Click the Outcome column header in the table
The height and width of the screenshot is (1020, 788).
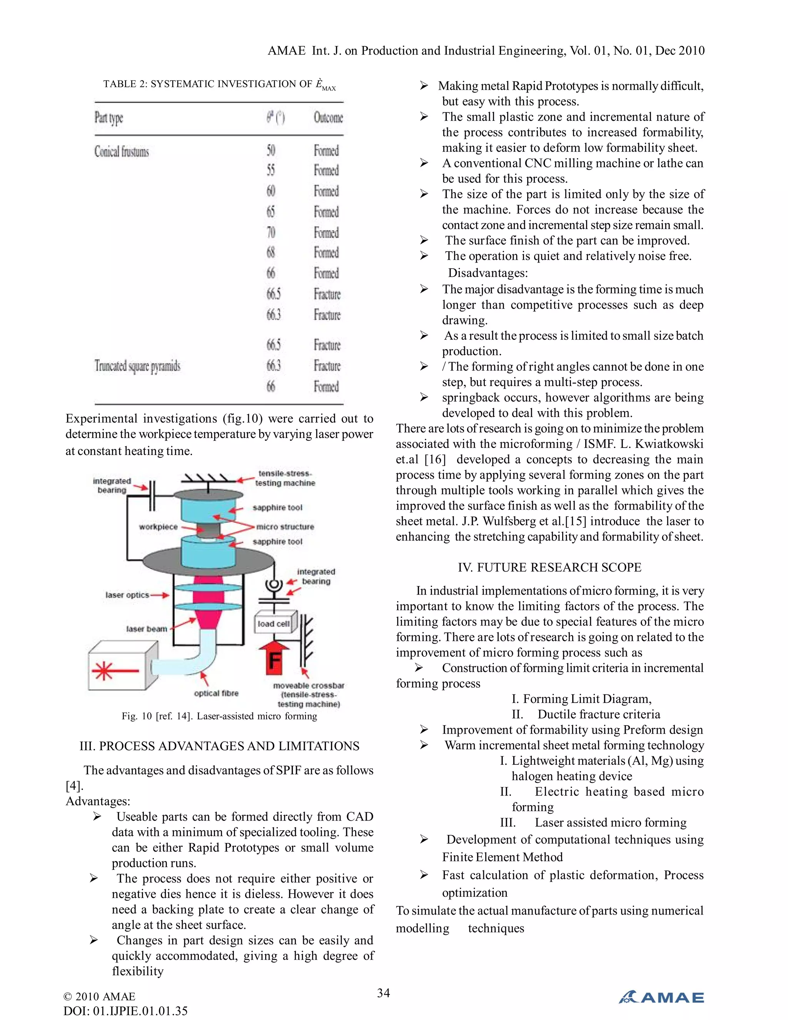coord(328,118)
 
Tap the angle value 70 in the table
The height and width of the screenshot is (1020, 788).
coord(271,232)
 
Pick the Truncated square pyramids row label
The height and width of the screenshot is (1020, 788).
coord(137,366)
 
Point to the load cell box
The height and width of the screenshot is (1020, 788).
coord(274,624)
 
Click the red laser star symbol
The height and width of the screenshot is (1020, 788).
coord(103,671)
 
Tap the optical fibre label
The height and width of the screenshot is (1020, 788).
coord(216,694)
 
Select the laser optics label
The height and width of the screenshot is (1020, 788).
coord(127,595)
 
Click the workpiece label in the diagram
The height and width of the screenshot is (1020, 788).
coord(158,527)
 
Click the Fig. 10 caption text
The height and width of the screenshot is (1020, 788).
coord(219,716)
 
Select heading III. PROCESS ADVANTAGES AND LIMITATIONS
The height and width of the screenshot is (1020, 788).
coord(219,746)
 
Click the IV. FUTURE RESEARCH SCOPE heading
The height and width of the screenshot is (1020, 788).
coord(549,567)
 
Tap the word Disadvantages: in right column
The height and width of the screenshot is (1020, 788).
coord(488,273)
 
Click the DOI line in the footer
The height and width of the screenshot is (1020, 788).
coord(125,1011)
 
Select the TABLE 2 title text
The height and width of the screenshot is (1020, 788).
coord(219,85)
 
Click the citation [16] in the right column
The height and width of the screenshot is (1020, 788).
coord(435,460)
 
